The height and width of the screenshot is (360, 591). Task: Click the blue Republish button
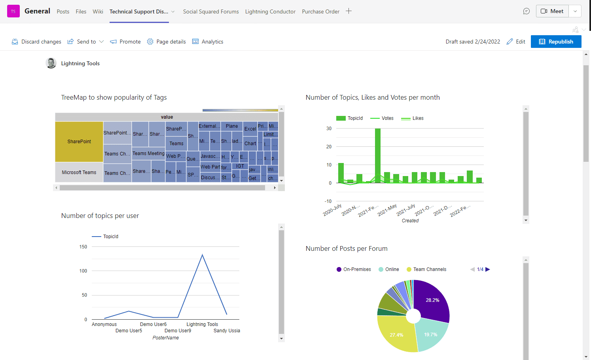pos(556,42)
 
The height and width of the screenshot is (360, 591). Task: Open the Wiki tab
pos(98,11)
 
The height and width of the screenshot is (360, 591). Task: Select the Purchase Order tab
pos(320,11)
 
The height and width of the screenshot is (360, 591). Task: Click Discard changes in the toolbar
pos(36,42)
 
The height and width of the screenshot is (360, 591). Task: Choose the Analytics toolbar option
pos(208,42)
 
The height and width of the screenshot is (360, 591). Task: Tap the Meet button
pos(552,11)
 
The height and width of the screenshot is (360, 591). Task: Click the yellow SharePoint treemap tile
pos(79,142)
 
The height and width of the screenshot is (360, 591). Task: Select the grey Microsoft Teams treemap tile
pos(79,172)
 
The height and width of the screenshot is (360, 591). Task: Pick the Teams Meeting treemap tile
pos(148,153)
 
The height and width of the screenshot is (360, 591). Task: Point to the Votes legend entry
pos(382,118)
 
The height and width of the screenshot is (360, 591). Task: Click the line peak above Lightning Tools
pos(203,255)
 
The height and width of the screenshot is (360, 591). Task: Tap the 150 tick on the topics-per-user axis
pos(83,247)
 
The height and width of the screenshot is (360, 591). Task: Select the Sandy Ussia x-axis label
pos(227,331)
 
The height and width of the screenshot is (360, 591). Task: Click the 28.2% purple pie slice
pos(432,300)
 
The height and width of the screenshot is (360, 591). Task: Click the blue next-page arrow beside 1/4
pos(488,269)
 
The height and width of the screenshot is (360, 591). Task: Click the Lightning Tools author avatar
pos(51,63)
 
